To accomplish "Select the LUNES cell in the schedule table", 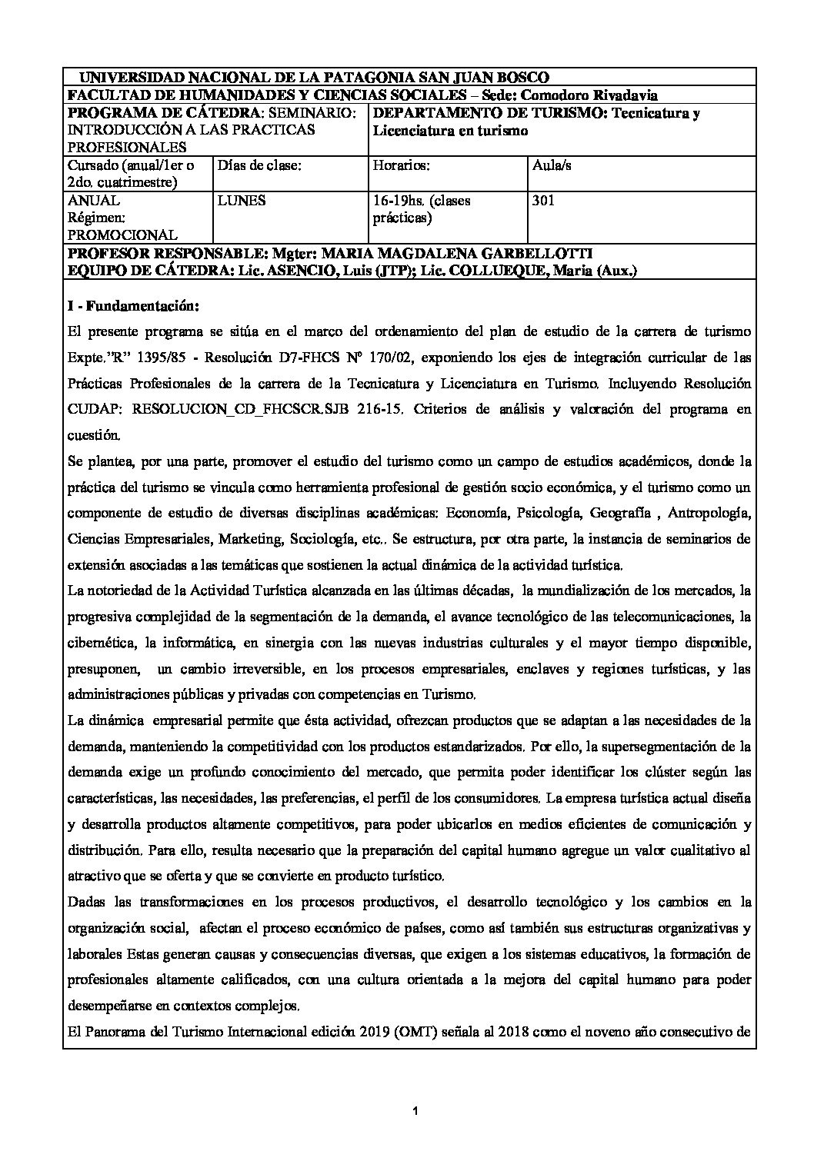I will point(242,201).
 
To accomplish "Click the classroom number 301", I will point(542,201).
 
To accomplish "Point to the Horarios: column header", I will point(400,165).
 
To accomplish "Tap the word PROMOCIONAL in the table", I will point(122,235).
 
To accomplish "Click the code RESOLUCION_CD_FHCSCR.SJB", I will point(240,410).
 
